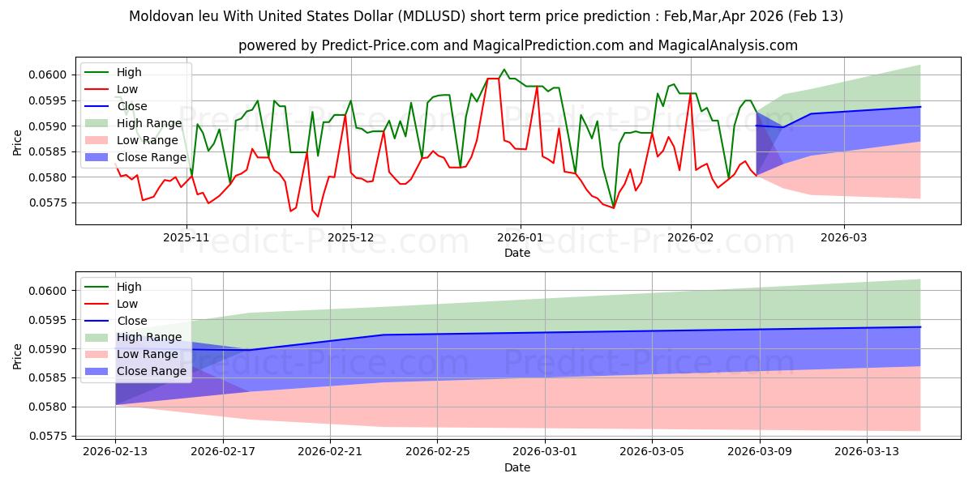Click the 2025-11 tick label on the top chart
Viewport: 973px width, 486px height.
pos(186,237)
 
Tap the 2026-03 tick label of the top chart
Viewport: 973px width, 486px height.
pos(843,237)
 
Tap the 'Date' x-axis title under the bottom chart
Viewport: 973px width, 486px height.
pos(517,467)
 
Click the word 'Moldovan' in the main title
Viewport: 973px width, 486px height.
pos(160,16)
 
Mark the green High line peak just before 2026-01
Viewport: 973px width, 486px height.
pos(504,70)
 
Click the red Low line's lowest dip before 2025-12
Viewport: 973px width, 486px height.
pos(318,216)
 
